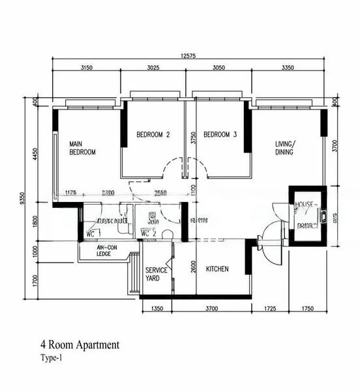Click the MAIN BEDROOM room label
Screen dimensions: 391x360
[83, 148]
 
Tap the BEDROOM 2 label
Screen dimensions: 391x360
[153, 135]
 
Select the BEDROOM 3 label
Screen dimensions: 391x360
[220, 135]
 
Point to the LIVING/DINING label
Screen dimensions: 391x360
[284, 148]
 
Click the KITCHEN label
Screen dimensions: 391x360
[217, 268]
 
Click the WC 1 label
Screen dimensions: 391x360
[93, 233]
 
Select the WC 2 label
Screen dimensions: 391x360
[149, 233]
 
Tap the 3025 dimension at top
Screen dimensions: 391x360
[155, 68]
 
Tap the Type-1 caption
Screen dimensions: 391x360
[52, 358]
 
